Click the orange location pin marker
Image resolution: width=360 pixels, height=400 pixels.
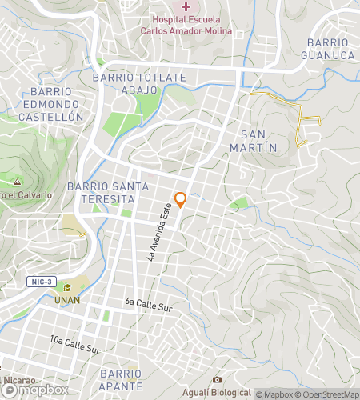coord(181,199)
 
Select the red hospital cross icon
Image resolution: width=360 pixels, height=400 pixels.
coord(186,6)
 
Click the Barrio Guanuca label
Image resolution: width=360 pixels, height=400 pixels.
coord(328,48)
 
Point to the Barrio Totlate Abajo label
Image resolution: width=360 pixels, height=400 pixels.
coord(139,83)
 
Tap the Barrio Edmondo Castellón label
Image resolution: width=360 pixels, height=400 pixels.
coord(52,104)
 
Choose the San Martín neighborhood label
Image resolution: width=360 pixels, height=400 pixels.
coord(258,141)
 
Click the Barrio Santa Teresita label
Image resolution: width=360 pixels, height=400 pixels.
coord(110,192)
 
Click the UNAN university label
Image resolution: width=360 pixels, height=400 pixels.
coord(67,300)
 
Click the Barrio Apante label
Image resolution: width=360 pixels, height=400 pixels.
coord(122,380)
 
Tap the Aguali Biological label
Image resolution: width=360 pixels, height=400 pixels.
coord(216,392)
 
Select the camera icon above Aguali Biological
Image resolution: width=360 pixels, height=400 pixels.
coord(216,379)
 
